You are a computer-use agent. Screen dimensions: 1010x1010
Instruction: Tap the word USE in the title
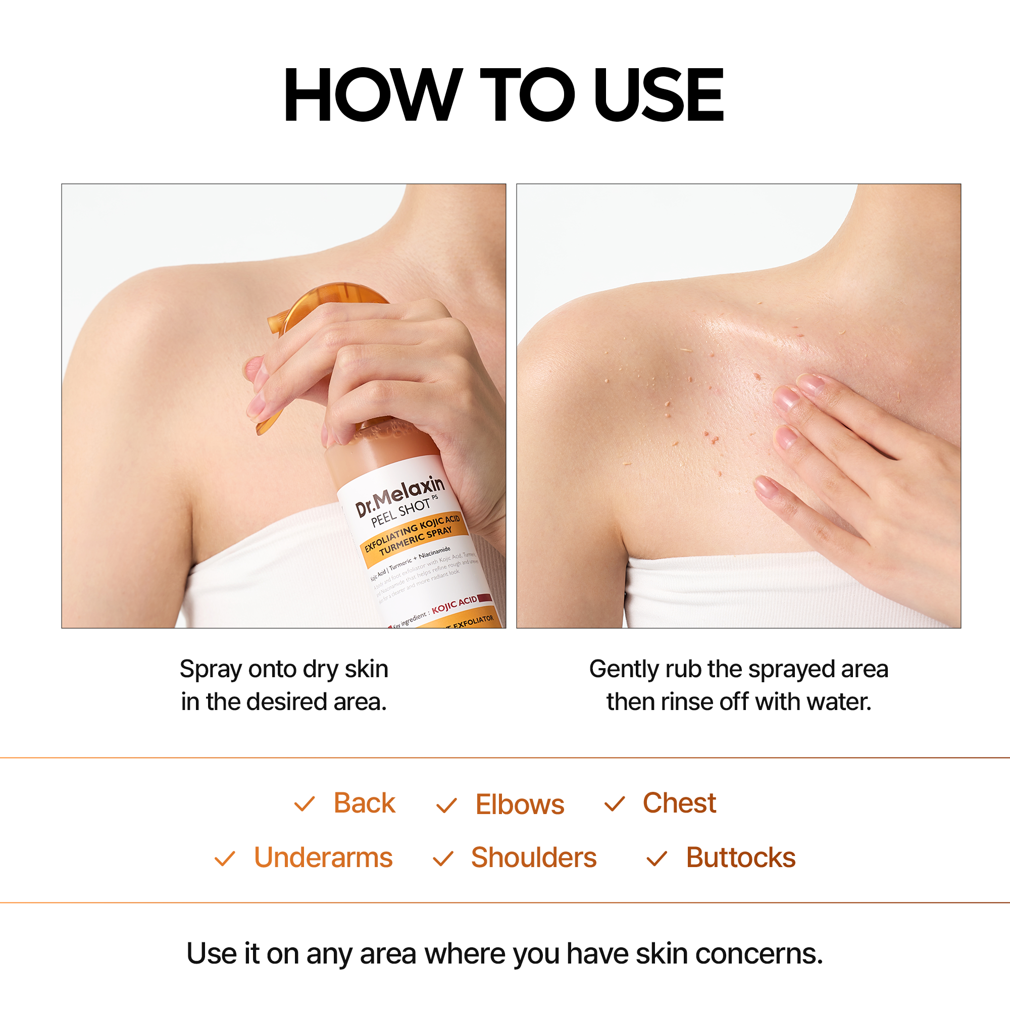[x=658, y=95]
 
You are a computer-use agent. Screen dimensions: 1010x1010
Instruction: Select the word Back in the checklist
[x=365, y=803]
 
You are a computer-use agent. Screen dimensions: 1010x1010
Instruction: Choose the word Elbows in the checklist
[x=520, y=804]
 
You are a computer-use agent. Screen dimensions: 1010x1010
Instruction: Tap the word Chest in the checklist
[x=679, y=803]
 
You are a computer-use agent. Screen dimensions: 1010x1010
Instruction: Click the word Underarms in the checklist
[x=323, y=858]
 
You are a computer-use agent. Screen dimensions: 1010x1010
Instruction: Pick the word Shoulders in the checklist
[x=534, y=858]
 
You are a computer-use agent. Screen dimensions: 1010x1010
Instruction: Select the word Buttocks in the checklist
[x=741, y=858]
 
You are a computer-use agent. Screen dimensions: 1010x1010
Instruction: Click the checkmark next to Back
[x=304, y=804]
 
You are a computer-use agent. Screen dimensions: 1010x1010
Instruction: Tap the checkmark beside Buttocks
[x=656, y=859]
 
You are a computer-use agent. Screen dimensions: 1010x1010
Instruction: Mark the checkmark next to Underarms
[x=225, y=859]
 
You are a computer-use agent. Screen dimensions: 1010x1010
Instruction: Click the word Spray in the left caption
[x=211, y=670]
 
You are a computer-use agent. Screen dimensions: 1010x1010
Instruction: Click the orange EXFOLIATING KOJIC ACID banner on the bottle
[x=413, y=534]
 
